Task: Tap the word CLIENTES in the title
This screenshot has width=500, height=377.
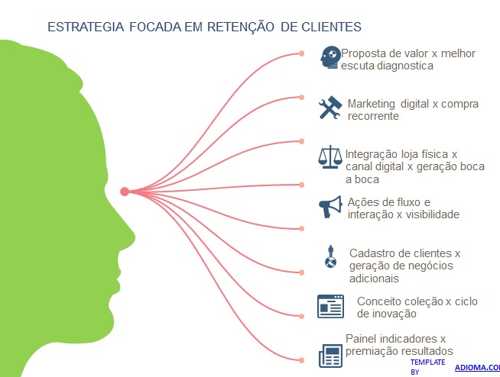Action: tap(330, 27)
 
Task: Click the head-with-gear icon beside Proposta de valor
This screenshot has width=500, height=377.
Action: tap(330, 57)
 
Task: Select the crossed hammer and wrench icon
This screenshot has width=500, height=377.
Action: tap(330, 108)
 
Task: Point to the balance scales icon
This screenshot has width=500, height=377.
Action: tap(330, 157)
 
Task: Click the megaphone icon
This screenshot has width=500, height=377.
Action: tap(330, 206)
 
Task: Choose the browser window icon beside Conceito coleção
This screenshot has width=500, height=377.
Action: tap(330, 305)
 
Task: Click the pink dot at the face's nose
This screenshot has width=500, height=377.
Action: tap(125, 192)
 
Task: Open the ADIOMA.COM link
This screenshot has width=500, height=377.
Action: tap(477, 367)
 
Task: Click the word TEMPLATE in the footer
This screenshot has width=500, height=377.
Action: tap(427, 361)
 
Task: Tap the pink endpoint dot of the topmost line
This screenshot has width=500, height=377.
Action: tap(302, 53)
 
